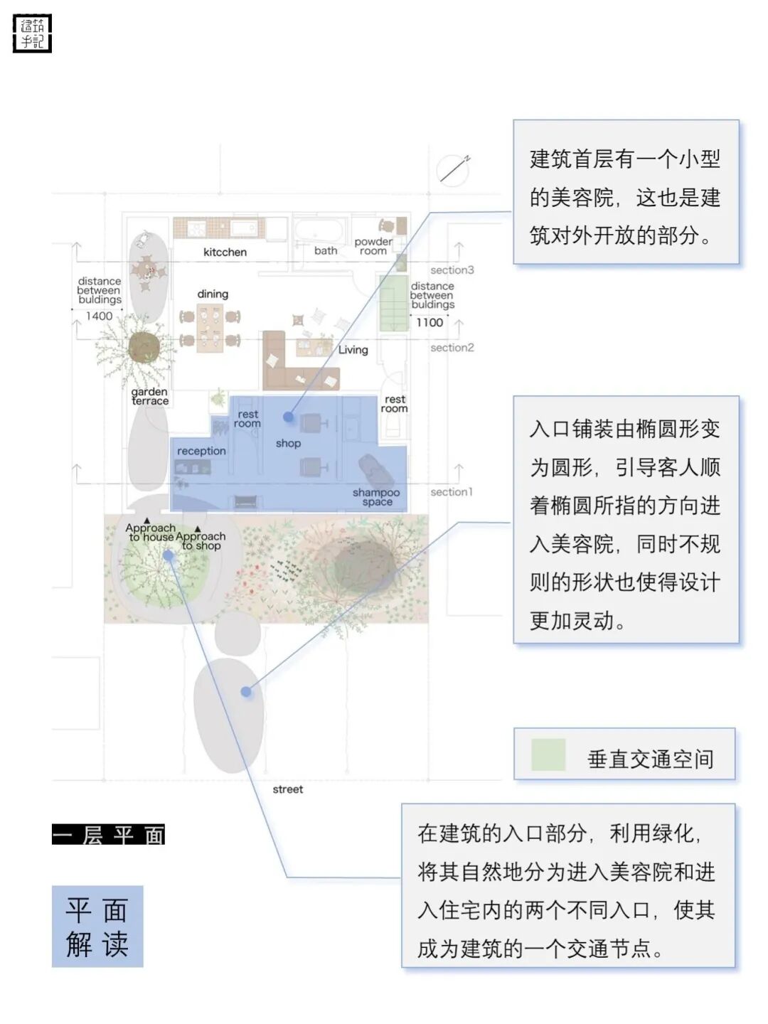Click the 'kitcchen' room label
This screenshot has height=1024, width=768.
tap(225, 252)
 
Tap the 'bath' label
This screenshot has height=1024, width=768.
tap(326, 250)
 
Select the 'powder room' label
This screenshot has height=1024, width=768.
tap(373, 246)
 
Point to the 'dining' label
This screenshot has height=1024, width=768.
tap(213, 294)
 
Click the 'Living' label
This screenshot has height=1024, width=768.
tap(353, 349)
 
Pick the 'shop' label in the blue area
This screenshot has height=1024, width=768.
tap(288, 443)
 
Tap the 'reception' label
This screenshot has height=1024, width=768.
tap(201, 451)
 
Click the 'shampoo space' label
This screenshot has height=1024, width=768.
tap(376, 496)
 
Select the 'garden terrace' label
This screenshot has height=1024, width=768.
tap(150, 396)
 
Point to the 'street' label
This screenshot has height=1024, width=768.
tap(287, 789)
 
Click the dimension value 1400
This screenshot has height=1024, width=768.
tap(100, 316)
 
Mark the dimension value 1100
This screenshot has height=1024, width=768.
tap(430, 322)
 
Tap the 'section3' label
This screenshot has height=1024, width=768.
tap(452, 270)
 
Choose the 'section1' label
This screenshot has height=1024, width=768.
tap(451, 492)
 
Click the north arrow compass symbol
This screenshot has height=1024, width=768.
tap(454, 169)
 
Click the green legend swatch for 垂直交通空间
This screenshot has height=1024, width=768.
tap(548, 755)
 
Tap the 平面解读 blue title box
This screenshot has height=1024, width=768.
tap(97, 926)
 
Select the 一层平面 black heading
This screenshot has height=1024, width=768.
tap(108, 834)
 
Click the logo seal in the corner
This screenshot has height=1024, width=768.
tap(33, 33)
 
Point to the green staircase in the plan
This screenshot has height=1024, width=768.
tap(393, 303)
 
